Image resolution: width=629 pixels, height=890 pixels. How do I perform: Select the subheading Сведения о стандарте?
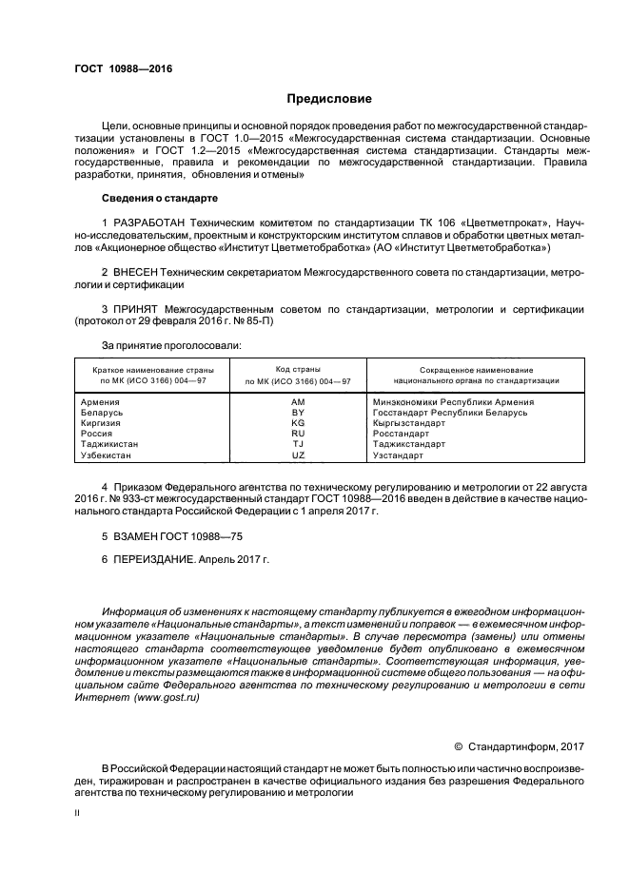click(160, 198)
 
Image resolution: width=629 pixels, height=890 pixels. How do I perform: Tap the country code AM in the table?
click(298, 402)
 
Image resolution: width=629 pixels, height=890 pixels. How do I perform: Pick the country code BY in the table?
click(298, 413)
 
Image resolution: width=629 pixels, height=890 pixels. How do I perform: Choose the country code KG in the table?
click(298, 423)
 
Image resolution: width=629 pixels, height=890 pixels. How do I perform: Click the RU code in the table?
click(298, 434)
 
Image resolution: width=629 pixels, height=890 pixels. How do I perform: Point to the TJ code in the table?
click(298, 444)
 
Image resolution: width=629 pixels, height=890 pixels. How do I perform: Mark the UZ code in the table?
click(298, 455)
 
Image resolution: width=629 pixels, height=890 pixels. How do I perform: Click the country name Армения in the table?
click(102, 402)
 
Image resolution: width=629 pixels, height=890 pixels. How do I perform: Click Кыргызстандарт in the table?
click(409, 423)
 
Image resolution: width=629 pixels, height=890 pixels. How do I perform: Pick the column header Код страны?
click(298, 368)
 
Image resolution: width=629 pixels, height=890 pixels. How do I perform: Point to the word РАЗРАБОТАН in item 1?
click(149, 222)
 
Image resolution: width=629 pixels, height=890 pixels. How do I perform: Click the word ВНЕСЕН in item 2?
click(138, 272)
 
